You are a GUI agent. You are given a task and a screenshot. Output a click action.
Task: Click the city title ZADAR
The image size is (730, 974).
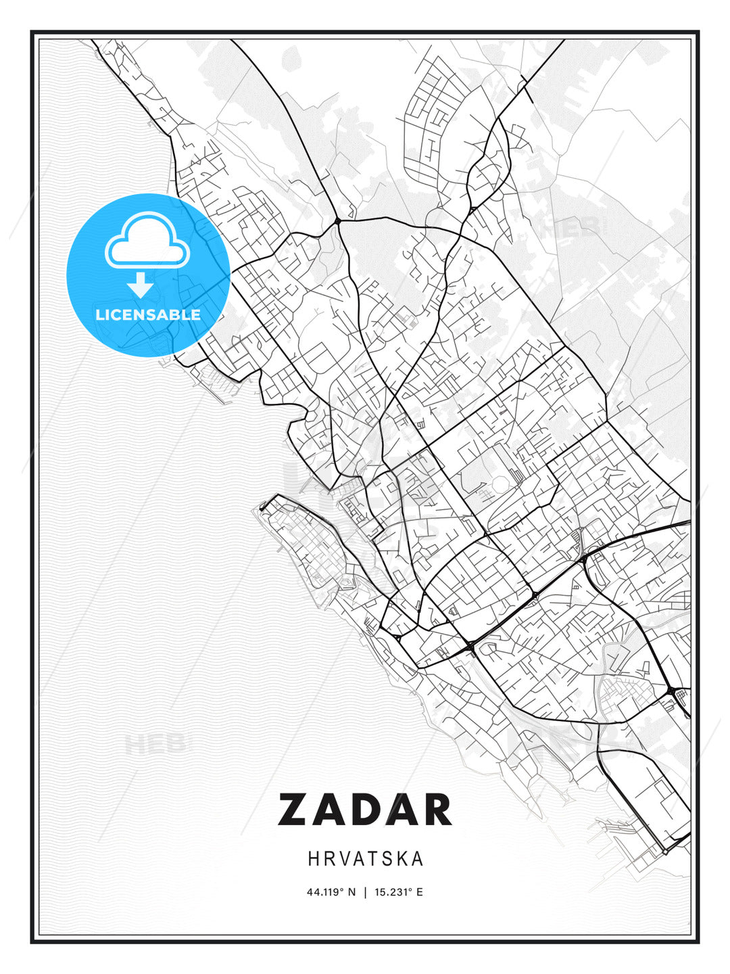point(365,810)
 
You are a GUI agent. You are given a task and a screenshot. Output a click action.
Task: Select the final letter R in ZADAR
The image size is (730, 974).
point(437,810)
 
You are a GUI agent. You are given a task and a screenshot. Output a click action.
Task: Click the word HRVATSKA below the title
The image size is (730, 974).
point(366,859)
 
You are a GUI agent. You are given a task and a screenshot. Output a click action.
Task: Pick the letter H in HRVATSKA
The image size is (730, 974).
point(314,859)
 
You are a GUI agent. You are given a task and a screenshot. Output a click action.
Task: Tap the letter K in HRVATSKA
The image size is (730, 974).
point(403,859)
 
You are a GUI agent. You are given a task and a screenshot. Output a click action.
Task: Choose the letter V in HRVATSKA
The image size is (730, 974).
point(343,859)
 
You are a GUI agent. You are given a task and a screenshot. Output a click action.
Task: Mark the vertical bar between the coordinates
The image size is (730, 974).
point(365,892)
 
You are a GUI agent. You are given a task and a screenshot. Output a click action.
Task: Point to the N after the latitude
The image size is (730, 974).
point(351,892)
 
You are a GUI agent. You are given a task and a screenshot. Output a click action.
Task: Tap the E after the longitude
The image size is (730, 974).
point(420,892)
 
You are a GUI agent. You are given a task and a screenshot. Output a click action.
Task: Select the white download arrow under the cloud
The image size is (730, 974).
point(141,285)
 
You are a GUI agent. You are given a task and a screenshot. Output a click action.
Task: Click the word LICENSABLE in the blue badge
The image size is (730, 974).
point(148,315)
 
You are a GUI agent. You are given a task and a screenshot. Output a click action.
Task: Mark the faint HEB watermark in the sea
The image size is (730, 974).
point(154,745)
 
